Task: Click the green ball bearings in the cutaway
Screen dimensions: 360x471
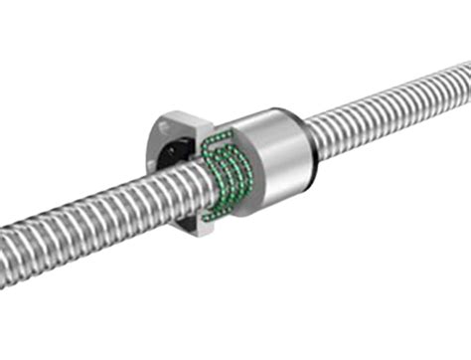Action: (228, 174)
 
